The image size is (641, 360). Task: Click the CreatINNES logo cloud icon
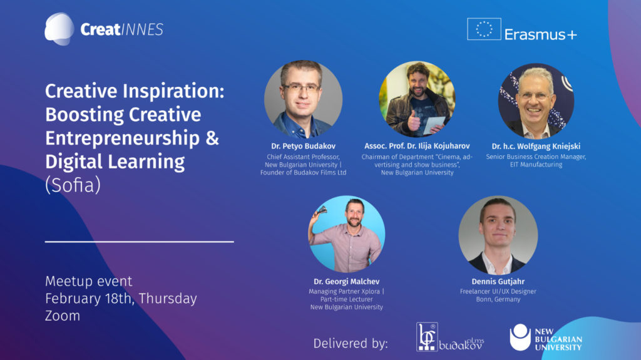click(x=59, y=29)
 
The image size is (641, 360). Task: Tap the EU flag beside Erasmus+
click(x=484, y=29)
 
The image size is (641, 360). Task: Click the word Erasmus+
click(x=540, y=34)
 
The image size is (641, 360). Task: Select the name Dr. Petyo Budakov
click(x=304, y=146)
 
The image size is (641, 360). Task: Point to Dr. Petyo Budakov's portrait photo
click(x=304, y=100)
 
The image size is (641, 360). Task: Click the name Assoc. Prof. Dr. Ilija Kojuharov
click(x=417, y=146)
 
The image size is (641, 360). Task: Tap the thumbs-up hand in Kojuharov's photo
click(x=414, y=121)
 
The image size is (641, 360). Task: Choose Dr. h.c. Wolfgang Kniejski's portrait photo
click(x=536, y=101)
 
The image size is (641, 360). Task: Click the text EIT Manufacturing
click(x=536, y=165)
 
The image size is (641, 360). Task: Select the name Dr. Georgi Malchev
click(x=347, y=282)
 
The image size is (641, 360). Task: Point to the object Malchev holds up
click(x=322, y=210)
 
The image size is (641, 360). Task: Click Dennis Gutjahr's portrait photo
click(x=498, y=235)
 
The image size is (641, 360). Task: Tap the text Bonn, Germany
click(x=498, y=299)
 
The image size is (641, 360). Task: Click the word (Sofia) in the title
click(x=73, y=185)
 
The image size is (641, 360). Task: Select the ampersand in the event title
click(x=212, y=138)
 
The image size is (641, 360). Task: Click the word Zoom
click(x=63, y=316)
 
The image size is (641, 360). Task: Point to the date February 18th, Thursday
click(x=121, y=299)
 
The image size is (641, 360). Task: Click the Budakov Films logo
click(x=450, y=337)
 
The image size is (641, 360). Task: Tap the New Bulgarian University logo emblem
click(x=520, y=337)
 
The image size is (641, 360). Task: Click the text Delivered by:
click(x=351, y=343)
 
